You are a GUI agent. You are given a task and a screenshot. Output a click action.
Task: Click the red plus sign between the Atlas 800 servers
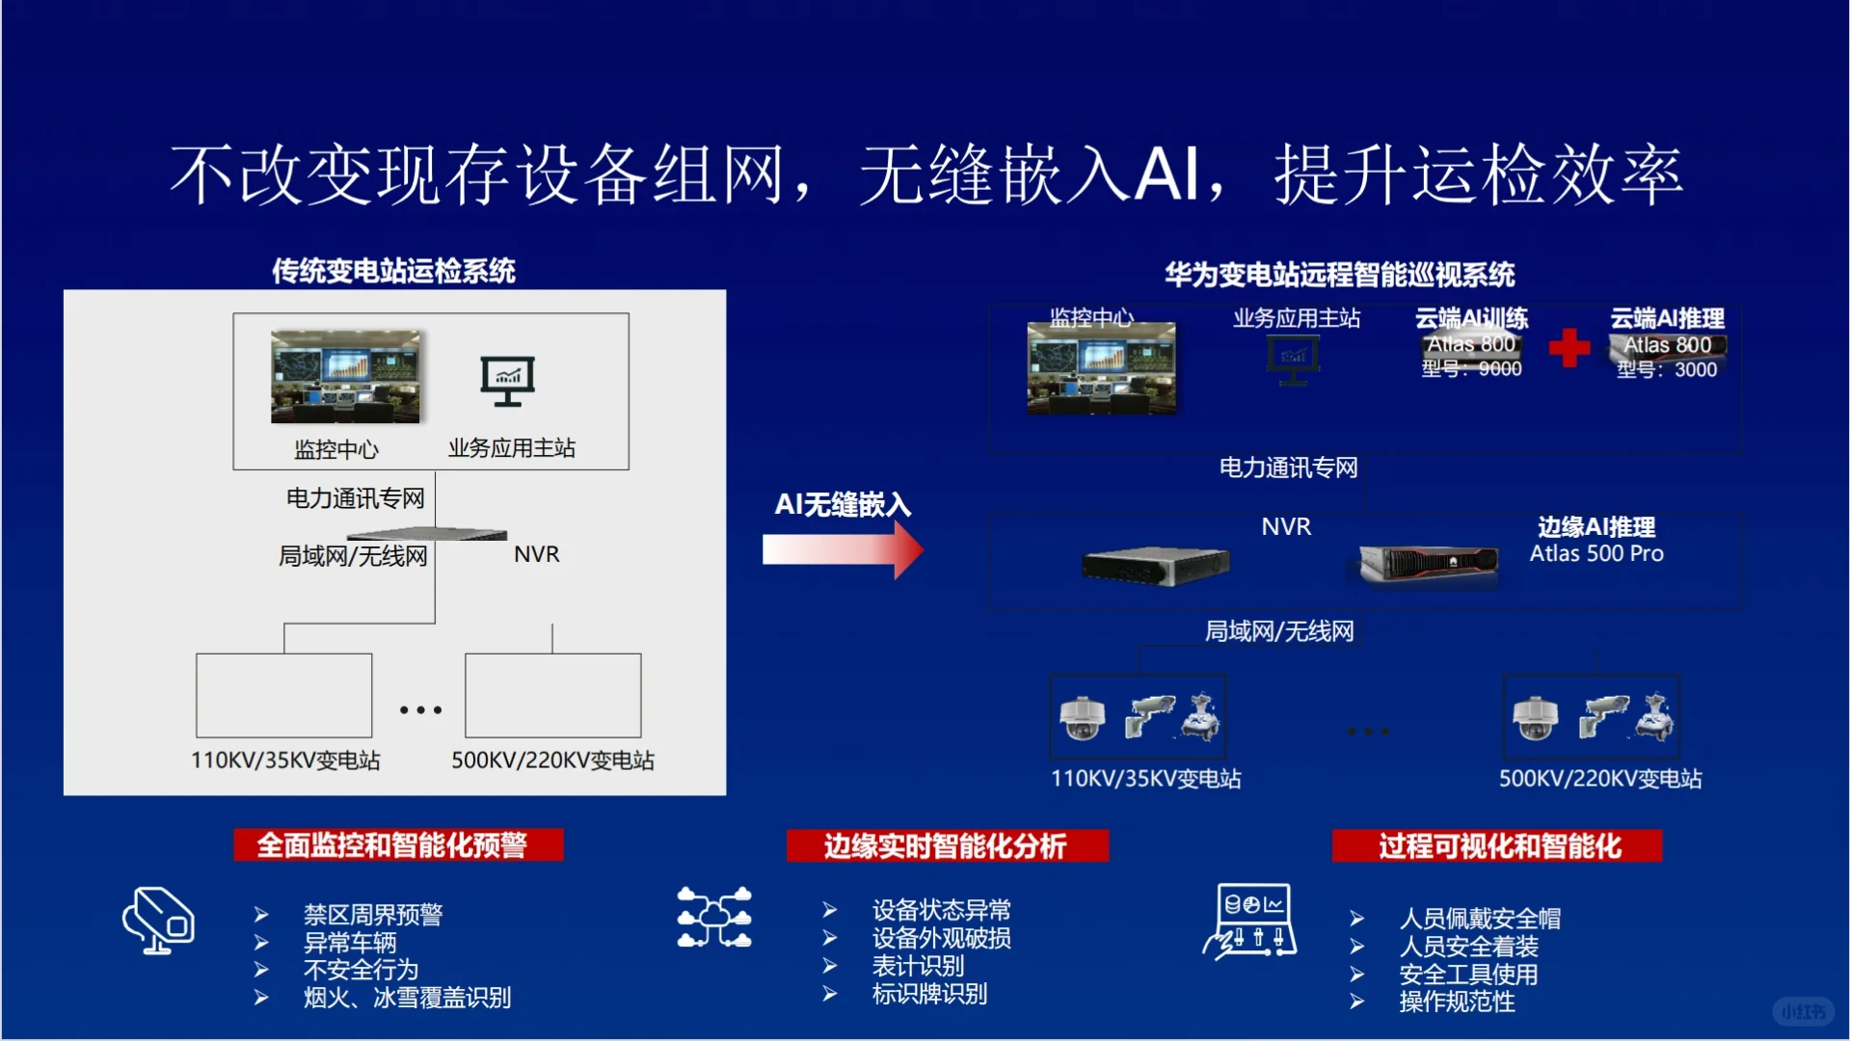pos(1568,348)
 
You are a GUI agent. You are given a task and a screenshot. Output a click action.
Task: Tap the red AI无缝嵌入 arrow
pos(843,550)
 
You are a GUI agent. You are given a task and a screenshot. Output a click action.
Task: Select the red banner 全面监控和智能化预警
pos(398,845)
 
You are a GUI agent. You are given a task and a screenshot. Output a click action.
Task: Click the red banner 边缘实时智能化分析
pos(947,846)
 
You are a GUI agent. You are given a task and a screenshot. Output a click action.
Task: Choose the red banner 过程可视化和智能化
pos(1497,846)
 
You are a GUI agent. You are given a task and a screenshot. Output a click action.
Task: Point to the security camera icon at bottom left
pos(158,921)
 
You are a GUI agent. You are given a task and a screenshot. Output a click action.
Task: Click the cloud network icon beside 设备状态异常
pos(713,918)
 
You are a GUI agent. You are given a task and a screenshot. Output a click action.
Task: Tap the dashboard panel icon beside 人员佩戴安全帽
pos(1250,921)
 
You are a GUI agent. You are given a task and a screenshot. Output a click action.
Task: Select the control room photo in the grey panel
pos(345,377)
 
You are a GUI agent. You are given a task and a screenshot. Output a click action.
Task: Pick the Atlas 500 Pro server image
pos(1428,562)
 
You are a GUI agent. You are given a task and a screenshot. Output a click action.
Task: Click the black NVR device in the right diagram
pos(1156,565)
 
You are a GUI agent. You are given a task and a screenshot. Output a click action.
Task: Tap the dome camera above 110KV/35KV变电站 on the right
pos(1082,718)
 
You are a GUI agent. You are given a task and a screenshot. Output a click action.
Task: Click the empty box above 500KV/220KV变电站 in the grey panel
pos(552,695)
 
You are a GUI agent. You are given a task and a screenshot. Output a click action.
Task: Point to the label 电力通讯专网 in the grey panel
pos(355,498)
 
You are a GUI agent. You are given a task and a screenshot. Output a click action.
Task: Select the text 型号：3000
pos(1667,370)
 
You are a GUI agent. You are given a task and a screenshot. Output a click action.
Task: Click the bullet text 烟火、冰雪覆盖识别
pos(407,998)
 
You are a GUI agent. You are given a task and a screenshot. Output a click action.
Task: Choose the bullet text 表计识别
pos(918,966)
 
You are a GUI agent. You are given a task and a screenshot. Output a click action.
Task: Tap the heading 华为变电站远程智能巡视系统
pos(1339,276)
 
